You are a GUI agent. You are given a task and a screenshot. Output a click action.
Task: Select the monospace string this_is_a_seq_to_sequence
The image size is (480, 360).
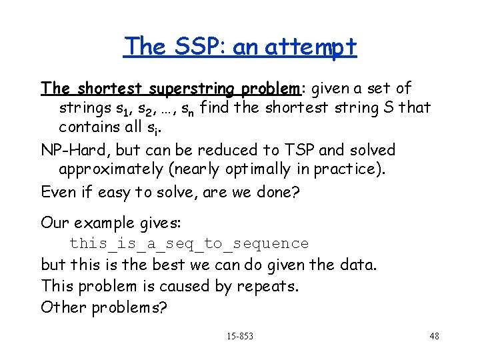(x=189, y=244)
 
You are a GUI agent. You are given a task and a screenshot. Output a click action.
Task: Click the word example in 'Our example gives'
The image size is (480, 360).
(x=103, y=222)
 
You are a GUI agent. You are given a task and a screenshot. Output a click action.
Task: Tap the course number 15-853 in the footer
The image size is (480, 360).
(x=239, y=336)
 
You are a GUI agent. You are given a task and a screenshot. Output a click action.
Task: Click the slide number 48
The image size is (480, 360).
(x=433, y=336)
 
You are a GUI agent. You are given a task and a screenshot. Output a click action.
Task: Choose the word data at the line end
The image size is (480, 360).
(x=359, y=265)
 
